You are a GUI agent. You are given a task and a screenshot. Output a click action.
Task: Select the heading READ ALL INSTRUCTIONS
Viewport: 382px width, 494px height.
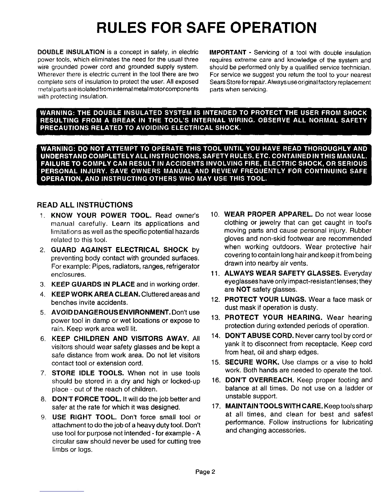(x=85, y=205)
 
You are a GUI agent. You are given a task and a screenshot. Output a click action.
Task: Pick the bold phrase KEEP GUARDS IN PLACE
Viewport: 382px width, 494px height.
(x=93, y=285)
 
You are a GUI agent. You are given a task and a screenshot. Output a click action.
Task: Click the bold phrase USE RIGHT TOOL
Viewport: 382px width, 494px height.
(x=84, y=417)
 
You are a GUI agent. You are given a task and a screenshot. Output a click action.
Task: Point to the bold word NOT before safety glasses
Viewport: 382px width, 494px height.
(x=241, y=289)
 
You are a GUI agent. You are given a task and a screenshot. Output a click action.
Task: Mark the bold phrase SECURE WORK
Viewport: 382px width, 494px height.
(x=252, y=362)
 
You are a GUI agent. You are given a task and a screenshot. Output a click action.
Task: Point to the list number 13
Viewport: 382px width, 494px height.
(x=216, y=318)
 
